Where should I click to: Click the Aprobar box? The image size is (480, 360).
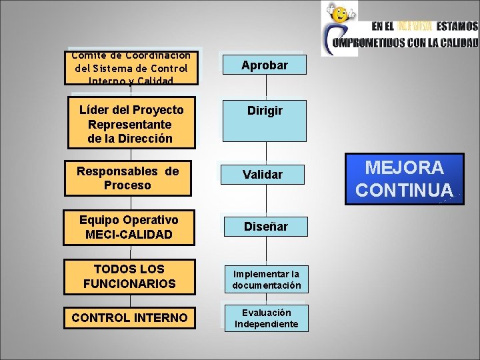coord(265,65)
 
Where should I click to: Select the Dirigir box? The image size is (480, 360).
coord(265,121)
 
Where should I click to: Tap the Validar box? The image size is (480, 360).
coord(263,175)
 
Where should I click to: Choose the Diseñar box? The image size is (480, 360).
coord(265,227)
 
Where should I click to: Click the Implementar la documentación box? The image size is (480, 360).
coord(266,279)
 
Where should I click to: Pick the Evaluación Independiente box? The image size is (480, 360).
coord(266,318)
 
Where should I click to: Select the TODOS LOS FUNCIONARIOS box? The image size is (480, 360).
coord(130,277)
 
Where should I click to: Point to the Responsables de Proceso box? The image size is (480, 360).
coord(127,178)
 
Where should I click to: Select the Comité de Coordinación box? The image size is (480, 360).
coord(131,68)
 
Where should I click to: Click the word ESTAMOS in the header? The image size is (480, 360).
coord(457,27)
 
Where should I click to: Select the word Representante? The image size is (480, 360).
coord(129,125)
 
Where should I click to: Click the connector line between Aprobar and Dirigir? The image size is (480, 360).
coord(266,87)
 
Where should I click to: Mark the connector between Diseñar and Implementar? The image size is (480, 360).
coord(267,251)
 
